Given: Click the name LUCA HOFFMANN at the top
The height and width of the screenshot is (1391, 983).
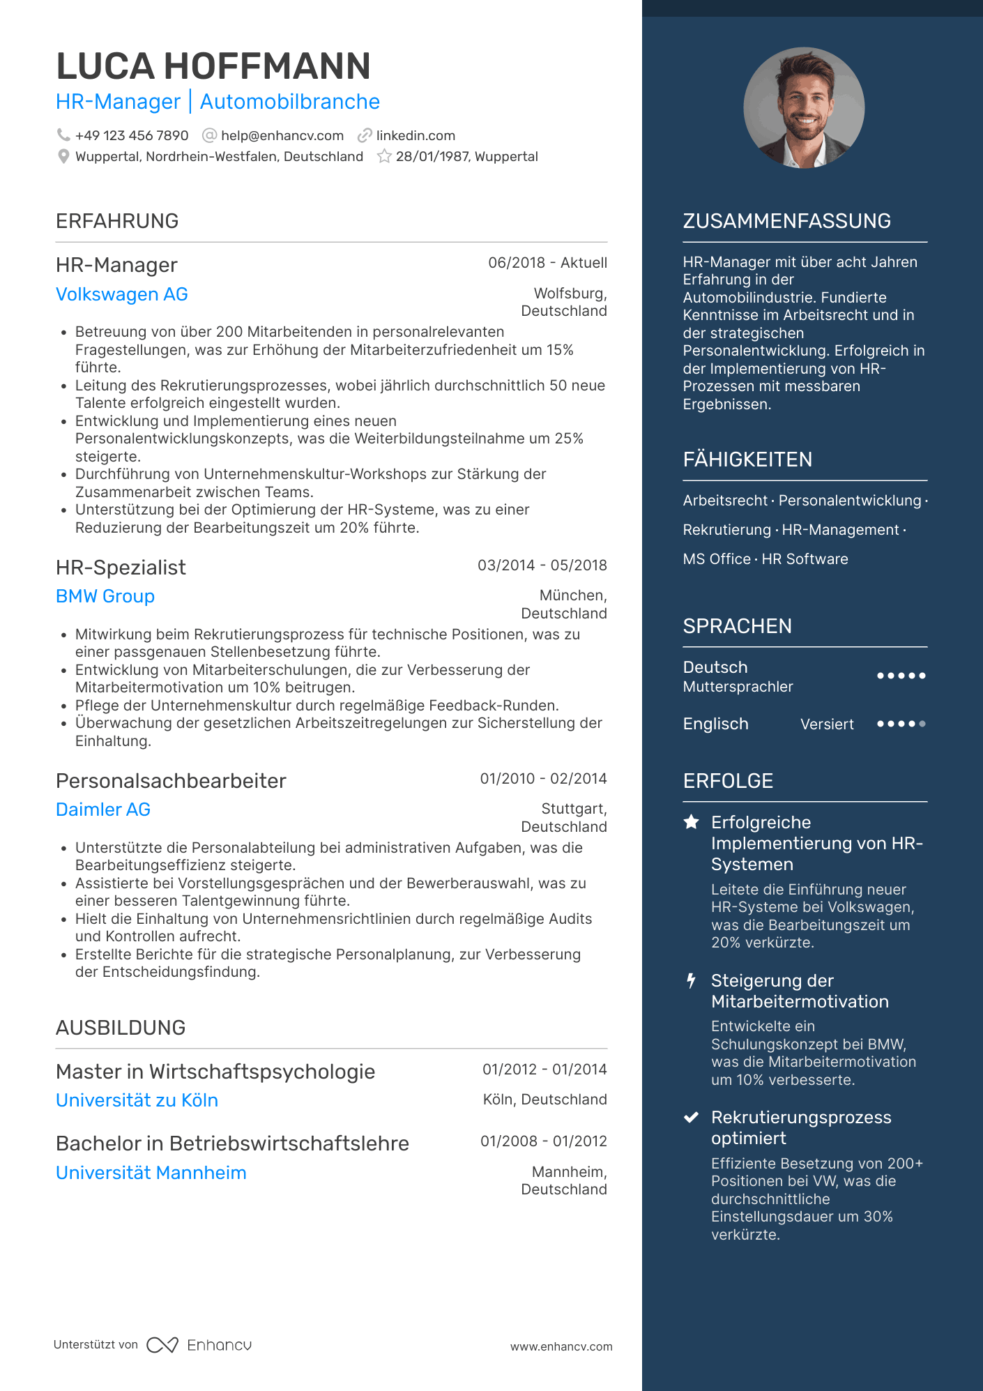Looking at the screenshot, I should tap(213, 66).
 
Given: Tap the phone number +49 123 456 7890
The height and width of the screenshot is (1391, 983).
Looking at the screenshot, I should tap(132, 135).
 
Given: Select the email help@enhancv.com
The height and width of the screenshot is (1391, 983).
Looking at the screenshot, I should tap(282, 135).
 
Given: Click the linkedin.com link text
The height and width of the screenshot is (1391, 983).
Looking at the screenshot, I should tap(416, 135).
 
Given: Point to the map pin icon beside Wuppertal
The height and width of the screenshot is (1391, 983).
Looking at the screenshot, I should tap(63, 156).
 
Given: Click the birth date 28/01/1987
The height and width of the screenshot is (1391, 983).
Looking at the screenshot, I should tap(432, 156).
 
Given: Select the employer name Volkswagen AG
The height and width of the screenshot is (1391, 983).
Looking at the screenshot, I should tap(122, 294).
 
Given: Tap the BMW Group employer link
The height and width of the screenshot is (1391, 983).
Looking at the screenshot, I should tap(105, 596).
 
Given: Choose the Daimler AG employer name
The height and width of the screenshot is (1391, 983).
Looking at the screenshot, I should tap(103, 809).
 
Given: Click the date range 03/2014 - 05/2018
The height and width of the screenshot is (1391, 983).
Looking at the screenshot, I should tap(542, 565).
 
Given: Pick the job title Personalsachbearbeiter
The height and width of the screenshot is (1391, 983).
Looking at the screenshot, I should tap(171, 781).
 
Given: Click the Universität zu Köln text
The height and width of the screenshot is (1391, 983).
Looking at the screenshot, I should tap(137, 1100).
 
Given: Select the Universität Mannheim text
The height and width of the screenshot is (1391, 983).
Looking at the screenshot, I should tap(151, 1173).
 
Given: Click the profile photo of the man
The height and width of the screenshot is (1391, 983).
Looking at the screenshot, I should tap(804, 107).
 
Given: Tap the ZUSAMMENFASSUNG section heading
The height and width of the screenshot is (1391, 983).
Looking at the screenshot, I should tap(786, 221).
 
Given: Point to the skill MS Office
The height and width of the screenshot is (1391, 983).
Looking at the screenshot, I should tap(717, 559).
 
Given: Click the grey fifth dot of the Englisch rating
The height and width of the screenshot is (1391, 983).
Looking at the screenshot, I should tap(922, 724).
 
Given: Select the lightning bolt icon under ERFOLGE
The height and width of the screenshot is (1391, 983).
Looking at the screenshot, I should tap(691, 981).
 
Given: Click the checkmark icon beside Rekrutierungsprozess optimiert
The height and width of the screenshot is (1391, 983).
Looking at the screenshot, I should tap(691, 1118).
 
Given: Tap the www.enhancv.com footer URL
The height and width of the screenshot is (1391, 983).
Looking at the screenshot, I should tap(561, 1346).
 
